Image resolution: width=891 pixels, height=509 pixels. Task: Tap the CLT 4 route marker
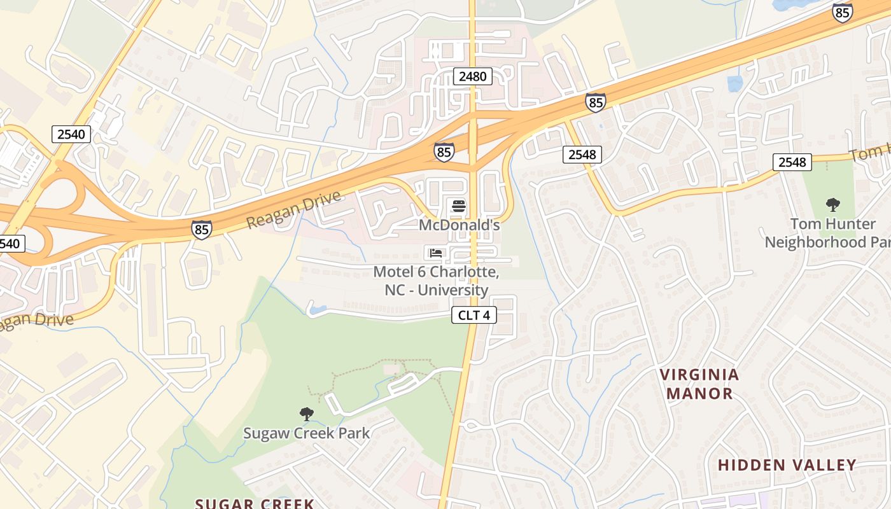474,315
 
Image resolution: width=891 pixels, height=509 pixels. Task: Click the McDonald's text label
459,225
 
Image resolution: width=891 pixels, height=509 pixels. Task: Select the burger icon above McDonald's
458,206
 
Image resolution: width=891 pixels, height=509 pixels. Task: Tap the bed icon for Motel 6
436,253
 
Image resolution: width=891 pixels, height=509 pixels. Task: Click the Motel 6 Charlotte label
436,281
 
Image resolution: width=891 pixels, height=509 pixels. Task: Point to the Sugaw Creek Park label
306,434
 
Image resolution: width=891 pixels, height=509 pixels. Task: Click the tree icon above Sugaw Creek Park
306,414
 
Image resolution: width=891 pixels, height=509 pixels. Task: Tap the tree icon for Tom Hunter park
832,205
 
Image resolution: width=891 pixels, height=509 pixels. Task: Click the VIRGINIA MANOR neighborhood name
699,384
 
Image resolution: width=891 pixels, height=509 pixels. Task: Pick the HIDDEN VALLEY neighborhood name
787,465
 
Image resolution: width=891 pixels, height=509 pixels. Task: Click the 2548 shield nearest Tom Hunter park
792,162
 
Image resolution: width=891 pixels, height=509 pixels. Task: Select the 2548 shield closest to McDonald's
582,154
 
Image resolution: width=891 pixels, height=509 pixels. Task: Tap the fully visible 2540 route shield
71,134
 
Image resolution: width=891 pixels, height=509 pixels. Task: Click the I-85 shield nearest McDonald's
444,151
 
